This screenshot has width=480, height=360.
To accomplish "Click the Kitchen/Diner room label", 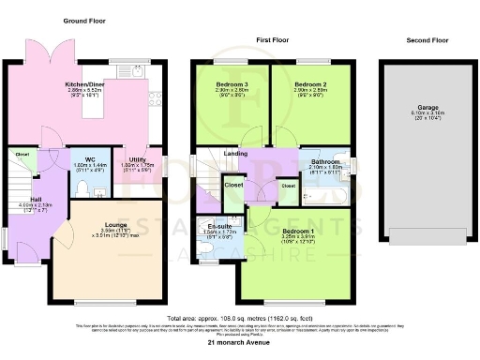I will pos(82,82).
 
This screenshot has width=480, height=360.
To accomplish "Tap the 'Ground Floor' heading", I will pos(83,20).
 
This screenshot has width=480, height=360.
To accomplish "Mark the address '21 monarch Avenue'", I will pos(239,344).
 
